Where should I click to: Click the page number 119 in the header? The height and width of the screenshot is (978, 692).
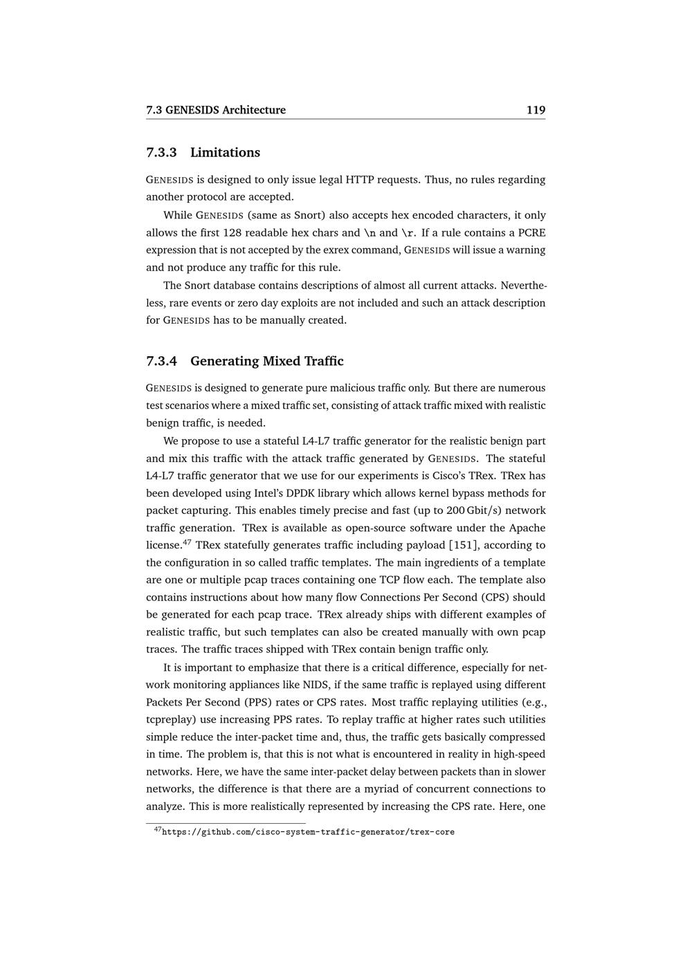coord(536,110)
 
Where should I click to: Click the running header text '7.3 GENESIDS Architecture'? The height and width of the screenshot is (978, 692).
coord(216,110)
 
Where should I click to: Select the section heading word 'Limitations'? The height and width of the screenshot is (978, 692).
coord(225,152)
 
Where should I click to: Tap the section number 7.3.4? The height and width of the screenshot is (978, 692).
coord(162,361)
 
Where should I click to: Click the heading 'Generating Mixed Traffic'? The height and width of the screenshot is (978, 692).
coord(266,361)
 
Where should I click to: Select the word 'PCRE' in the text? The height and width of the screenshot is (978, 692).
coord(531,232)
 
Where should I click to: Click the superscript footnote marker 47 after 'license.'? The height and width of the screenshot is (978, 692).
coord(187,542)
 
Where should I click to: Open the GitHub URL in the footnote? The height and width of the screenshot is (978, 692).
coord(308,832)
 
